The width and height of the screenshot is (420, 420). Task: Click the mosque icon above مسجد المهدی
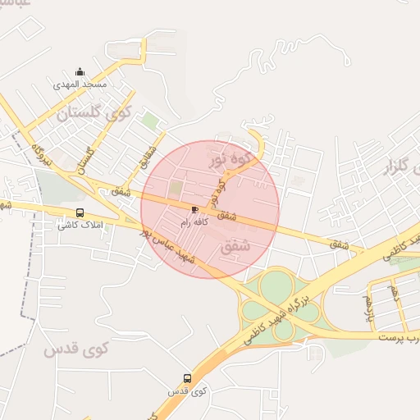click(x=80, y=71)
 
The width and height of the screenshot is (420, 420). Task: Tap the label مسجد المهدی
click(x=80, y=84)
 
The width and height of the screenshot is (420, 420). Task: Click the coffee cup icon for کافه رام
click(x=194, y=209)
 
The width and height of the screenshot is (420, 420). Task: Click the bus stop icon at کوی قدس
click(x=187, y=379)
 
